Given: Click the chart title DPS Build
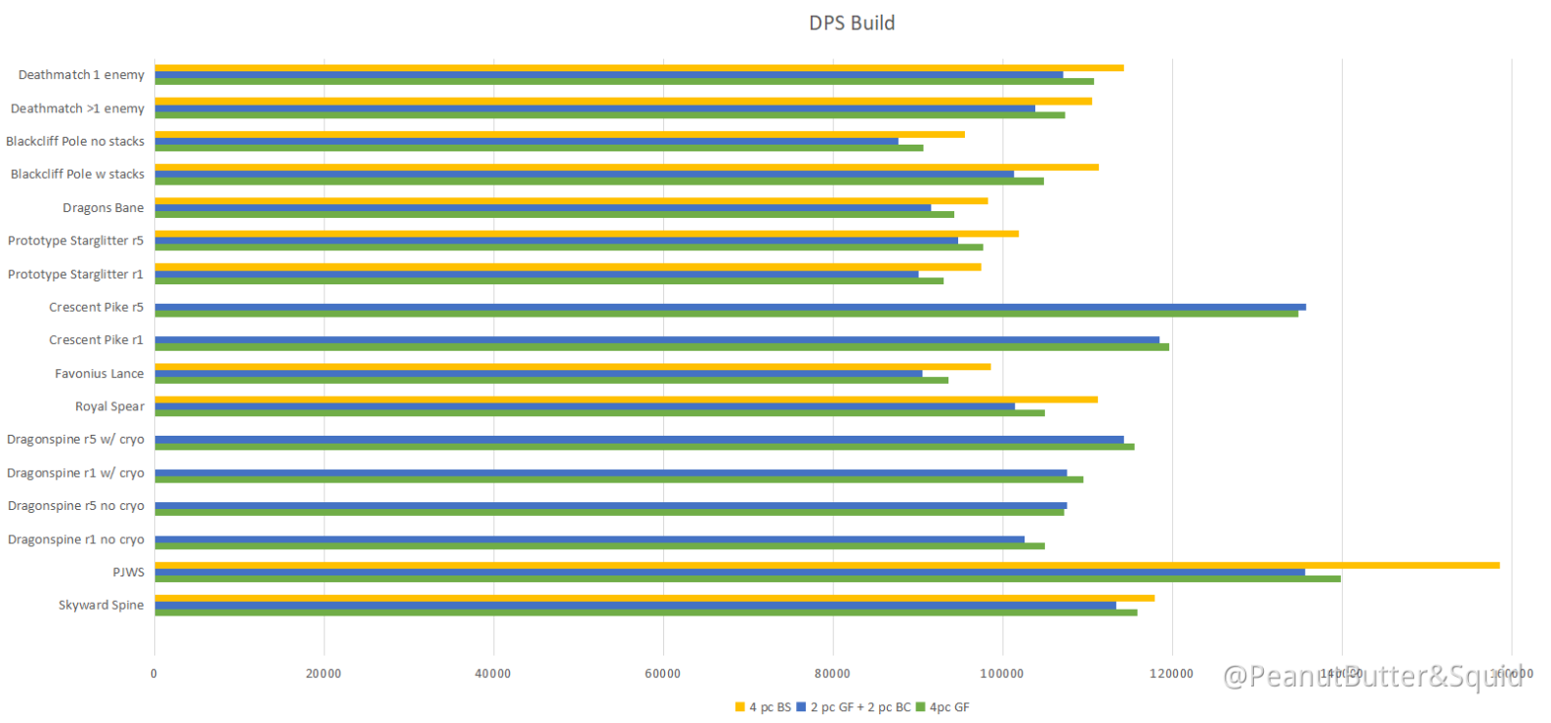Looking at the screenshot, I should (x=852, y=23).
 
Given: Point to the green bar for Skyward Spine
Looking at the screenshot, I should (x=646, y=613).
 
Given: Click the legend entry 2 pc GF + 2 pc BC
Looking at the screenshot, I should (x=853, y=707).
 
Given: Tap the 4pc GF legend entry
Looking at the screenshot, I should (x=943, y=707).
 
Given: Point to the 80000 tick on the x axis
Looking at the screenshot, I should (x=832, y=673).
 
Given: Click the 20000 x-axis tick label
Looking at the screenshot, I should (x=323, y=673).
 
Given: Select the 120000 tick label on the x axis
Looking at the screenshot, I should (x=1171, y=673).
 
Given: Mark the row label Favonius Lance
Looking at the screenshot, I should (x=99, y=373).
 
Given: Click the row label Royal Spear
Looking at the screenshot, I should (x=109, y=406).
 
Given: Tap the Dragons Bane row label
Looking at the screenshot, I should (x=103, y=208).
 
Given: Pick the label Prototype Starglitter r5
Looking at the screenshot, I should (x=75, y=241).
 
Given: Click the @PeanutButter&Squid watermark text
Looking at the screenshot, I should (x=1372, y=676).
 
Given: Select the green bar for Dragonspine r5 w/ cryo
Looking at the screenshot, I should (x=644, y=447).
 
